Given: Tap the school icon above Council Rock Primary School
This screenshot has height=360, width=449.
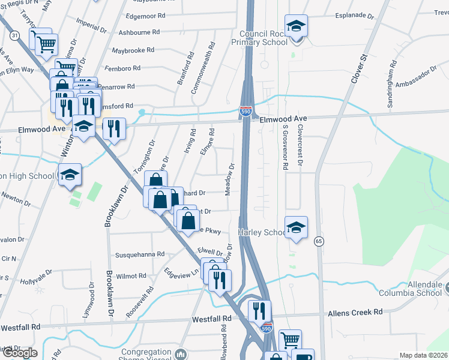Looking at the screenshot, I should pos(296,26).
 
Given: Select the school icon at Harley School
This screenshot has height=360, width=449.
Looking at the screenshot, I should pos(296,227).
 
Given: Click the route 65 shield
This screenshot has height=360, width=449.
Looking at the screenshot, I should pos(318,241).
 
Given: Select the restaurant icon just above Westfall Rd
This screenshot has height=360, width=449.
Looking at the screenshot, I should pos(260,311).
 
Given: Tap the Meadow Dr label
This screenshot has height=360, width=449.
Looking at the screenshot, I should pos(229,178).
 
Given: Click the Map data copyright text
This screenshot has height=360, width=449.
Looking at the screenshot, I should pos(423,355).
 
